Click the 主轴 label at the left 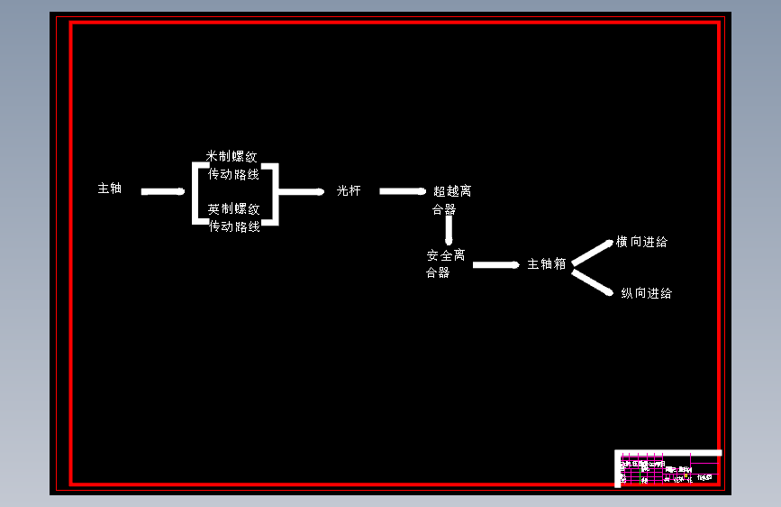(x=110, y=189)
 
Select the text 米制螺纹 (x=232, y=156)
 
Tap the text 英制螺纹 (x=233, y=208)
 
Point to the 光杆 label (x=349, y=190)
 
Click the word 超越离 (x=452, y=191)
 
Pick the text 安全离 (x=446, y=255)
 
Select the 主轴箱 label (x=547, y=264)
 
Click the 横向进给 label (x=642, y=242)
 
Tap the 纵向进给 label (x=646, y=293)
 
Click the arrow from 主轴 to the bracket (x=163, y=191)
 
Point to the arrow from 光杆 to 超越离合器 (x=402, y=191)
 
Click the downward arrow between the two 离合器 (x=448, y=231)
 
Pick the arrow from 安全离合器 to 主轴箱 (x=495, y=265)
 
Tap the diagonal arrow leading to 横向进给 (x=593, y=253)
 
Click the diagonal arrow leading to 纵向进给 (x=595, y=282)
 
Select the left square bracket (x=196, y=192)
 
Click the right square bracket (x=274, y=192)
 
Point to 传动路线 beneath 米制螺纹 (x=233, y=174)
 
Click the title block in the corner (x=667, y=468)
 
